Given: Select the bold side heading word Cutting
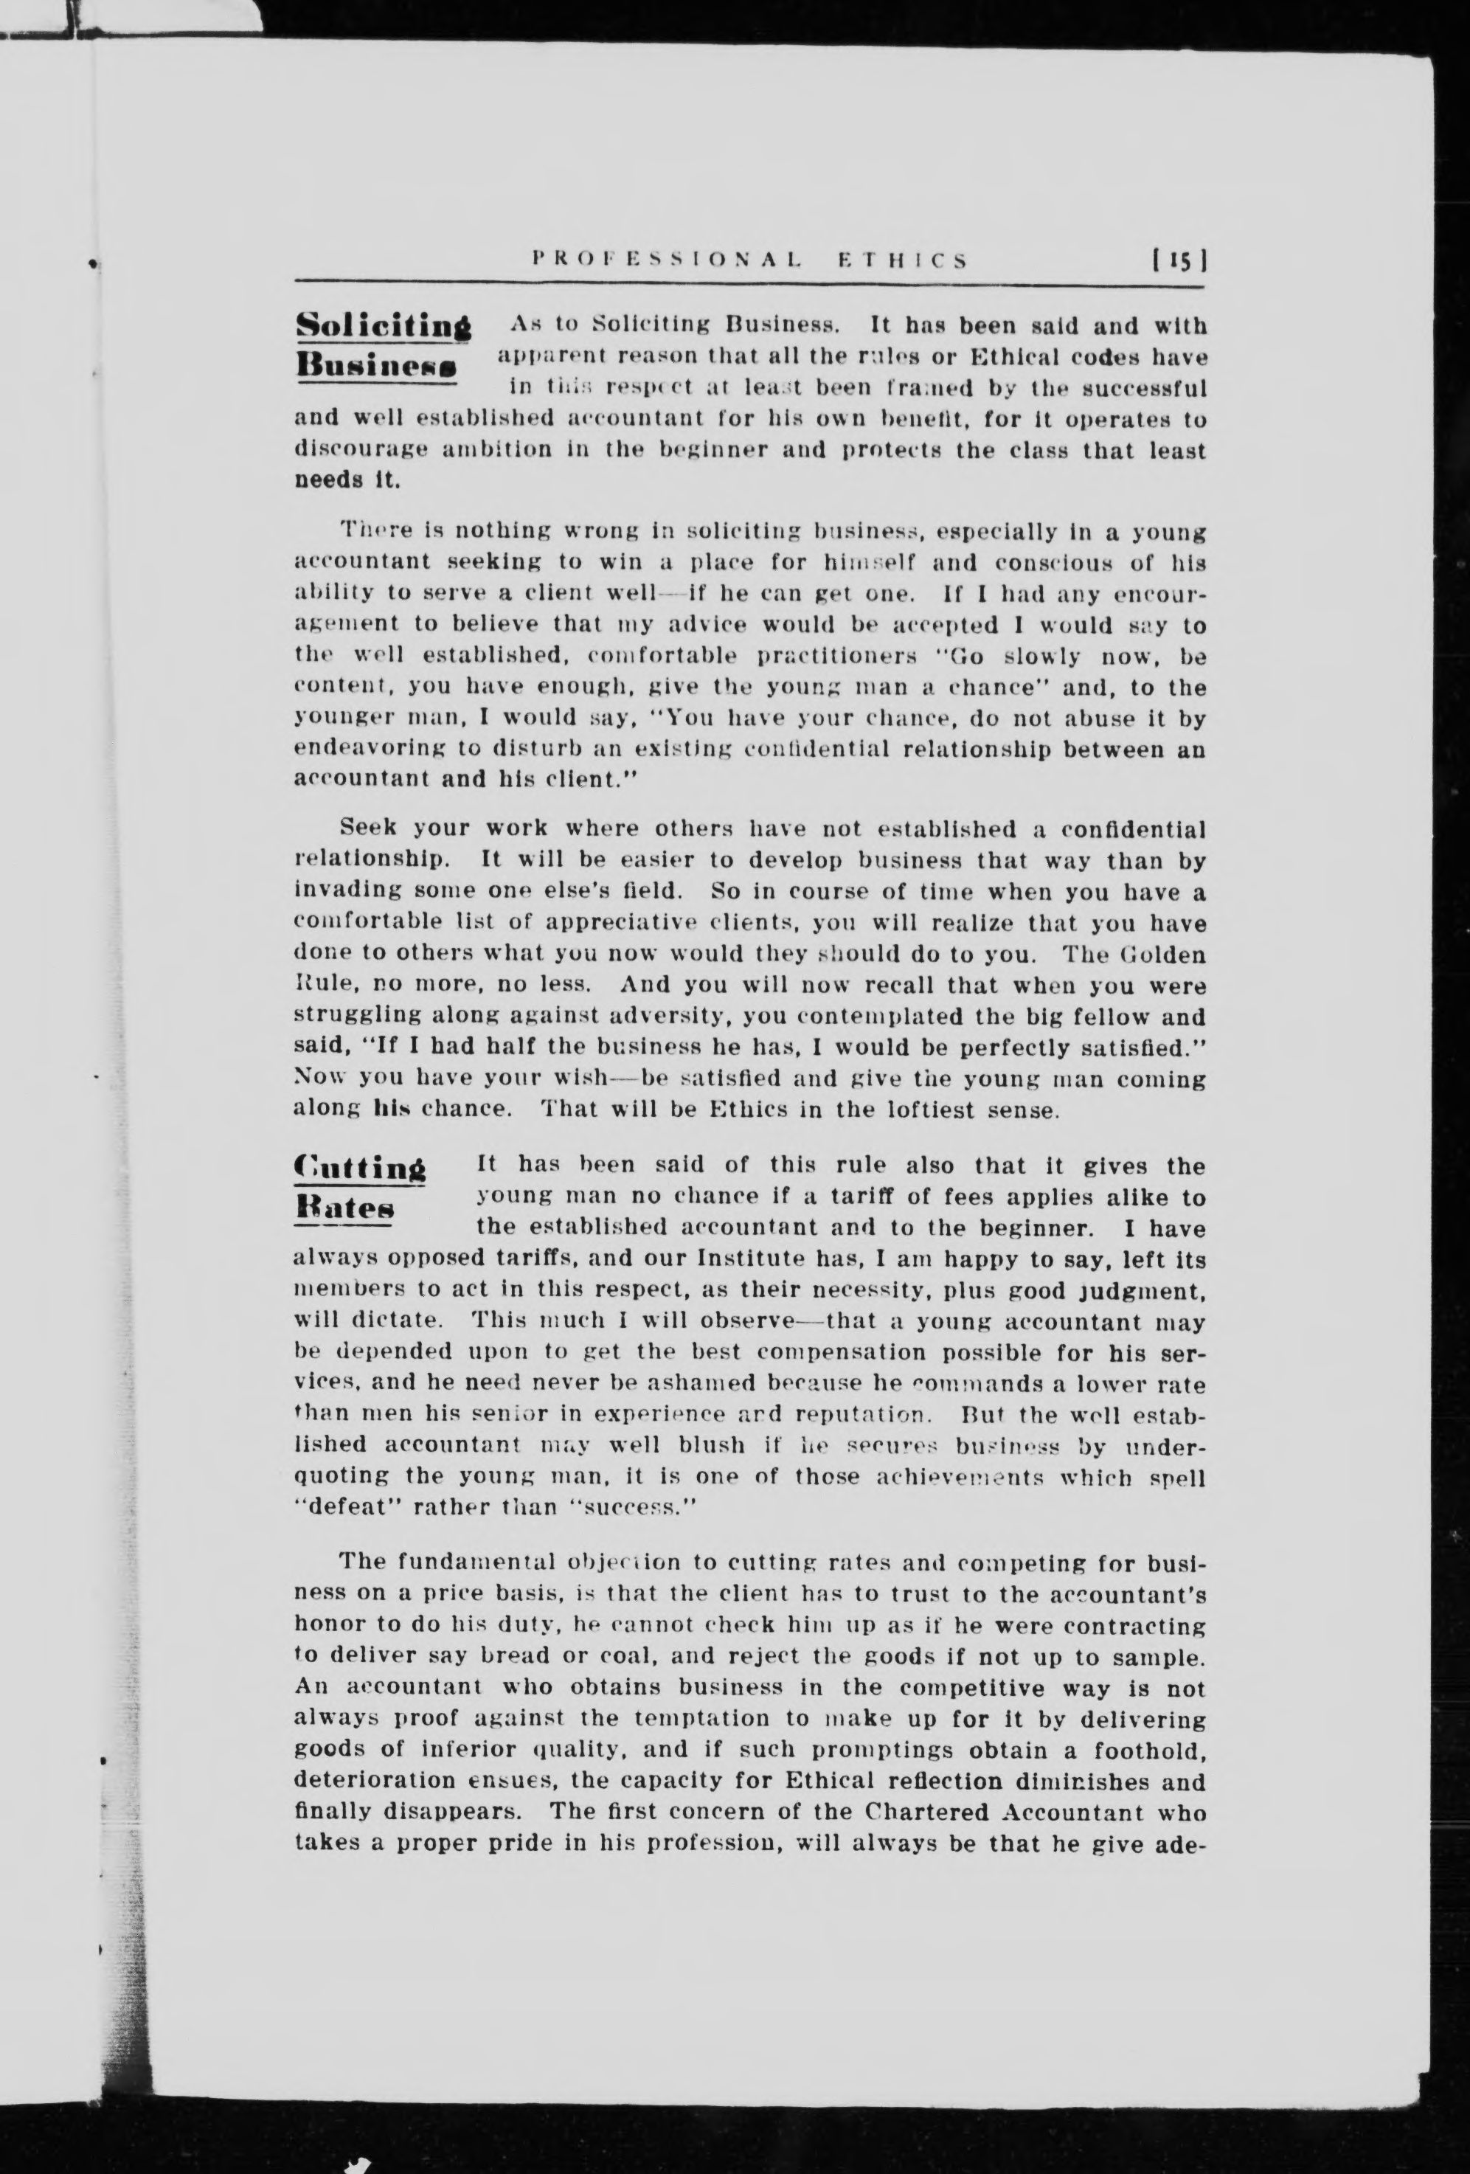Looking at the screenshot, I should (359, 1169).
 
